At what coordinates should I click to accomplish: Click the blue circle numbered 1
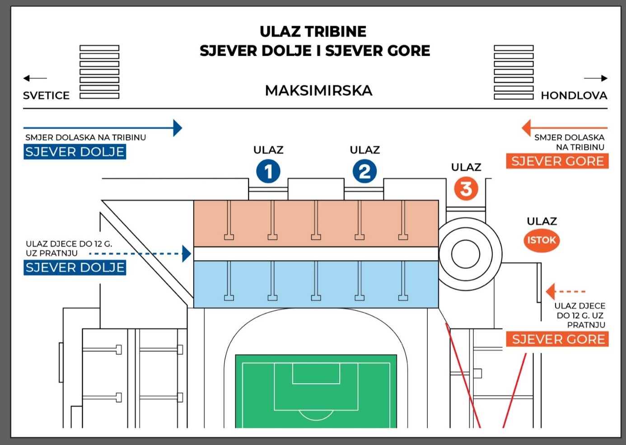click(x=268, y=172)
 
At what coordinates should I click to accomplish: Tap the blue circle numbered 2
click(x=365, y=172)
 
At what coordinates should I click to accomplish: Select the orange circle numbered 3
click(x=466, y=189)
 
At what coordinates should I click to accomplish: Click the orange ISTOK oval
click(x=542, y=240)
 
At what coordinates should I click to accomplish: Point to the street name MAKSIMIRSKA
click(x=318, y=91)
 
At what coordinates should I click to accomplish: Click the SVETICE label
click(x=47, y=96)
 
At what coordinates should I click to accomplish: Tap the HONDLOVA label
click(x=574, y=96)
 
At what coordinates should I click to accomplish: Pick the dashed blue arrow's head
click(x=187, y=253)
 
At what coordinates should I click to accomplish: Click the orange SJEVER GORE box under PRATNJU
click(x=557, y=339)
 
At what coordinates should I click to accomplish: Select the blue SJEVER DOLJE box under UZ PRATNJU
click(x=75, y=268)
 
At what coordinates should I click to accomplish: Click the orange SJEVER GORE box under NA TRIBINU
click(x=557, y=161)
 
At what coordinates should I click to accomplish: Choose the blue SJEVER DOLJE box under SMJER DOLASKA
click(x=75, y=152)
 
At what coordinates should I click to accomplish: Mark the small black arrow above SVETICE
click(x=35, y=78)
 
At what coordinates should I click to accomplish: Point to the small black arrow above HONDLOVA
click(x=596, y=78)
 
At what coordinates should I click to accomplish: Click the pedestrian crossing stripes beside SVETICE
click(x=99, y=72)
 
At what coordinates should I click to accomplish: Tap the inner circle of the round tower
click(x=465, y=254)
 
